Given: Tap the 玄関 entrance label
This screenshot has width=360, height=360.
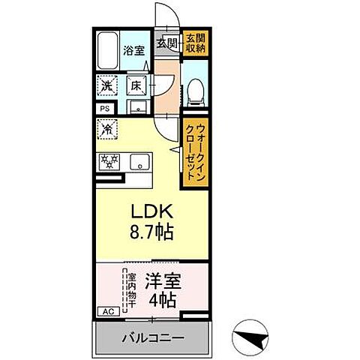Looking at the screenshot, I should point(166,42).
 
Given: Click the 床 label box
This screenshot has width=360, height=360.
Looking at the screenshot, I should point(137,86).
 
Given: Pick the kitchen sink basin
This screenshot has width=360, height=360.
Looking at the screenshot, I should point(139,161).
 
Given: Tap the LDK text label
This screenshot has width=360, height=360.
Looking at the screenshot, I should point(149,211).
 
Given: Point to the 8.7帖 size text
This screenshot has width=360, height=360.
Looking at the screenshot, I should point(150,232).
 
